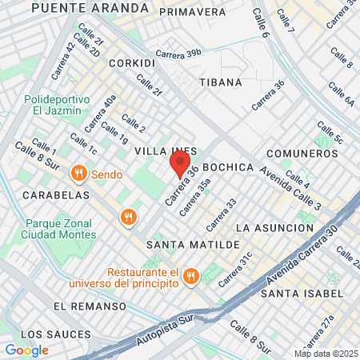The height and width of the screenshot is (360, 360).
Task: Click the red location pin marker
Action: pyautogui.click(x=178, y=166)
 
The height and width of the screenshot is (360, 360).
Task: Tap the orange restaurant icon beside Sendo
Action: pyautogui.click(x=78, y=173)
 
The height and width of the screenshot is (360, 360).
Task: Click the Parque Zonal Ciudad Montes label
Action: pyautogui.click(x=60, y=229)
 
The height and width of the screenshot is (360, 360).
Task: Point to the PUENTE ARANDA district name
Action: pyautogui.click(x=90, y=7)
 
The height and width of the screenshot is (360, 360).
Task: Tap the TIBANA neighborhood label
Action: pyautogui.click(x=216, y=82)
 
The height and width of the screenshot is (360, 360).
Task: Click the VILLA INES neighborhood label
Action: pyautogui.click(x=160, y=150)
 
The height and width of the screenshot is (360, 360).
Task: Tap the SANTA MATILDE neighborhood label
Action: pyautogui.click(x=193, y=242)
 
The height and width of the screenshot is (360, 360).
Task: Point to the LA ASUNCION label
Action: pyautogui.click(x=275, y=228)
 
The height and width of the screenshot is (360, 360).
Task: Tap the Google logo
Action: pyautogui.click(x=26, y=350)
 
